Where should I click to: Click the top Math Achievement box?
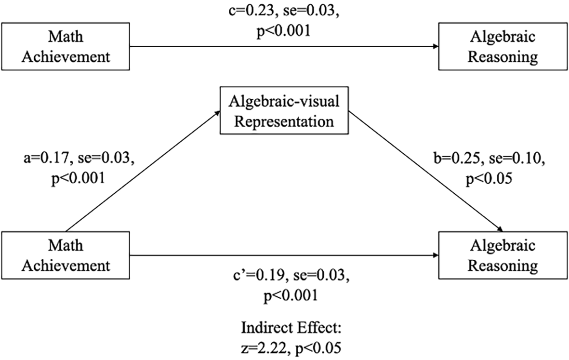pyautogui.click(x=66, y=46)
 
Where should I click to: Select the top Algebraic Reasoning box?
pyautogui.click(x=503, y=46)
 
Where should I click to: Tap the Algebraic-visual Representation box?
pyautogui.click(x=284, y=110)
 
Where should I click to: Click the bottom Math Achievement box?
pyautogui.click(x=66, y=255)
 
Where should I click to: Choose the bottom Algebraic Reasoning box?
pyautogui.click(x=503, y=255)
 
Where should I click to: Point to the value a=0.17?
pyautogui.click(x=45, y=158)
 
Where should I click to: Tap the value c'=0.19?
pyautogui.click(x=258, y=276)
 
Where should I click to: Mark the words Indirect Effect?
pyautogui.click(x=291, y=328)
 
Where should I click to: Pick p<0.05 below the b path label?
pyautogui.click(x=489, y=178)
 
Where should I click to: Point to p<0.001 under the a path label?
pyautogui.click(x=78, y=178)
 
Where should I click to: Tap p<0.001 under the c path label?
pyautogui.click(x=284, y=32)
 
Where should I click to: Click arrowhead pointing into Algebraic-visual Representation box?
pyautogui.click(x=217, y=113)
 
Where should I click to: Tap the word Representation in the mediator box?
pyautogui.click(x=284, y=121)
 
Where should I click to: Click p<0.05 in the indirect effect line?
pyautogui.click(x=318, y=348)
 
